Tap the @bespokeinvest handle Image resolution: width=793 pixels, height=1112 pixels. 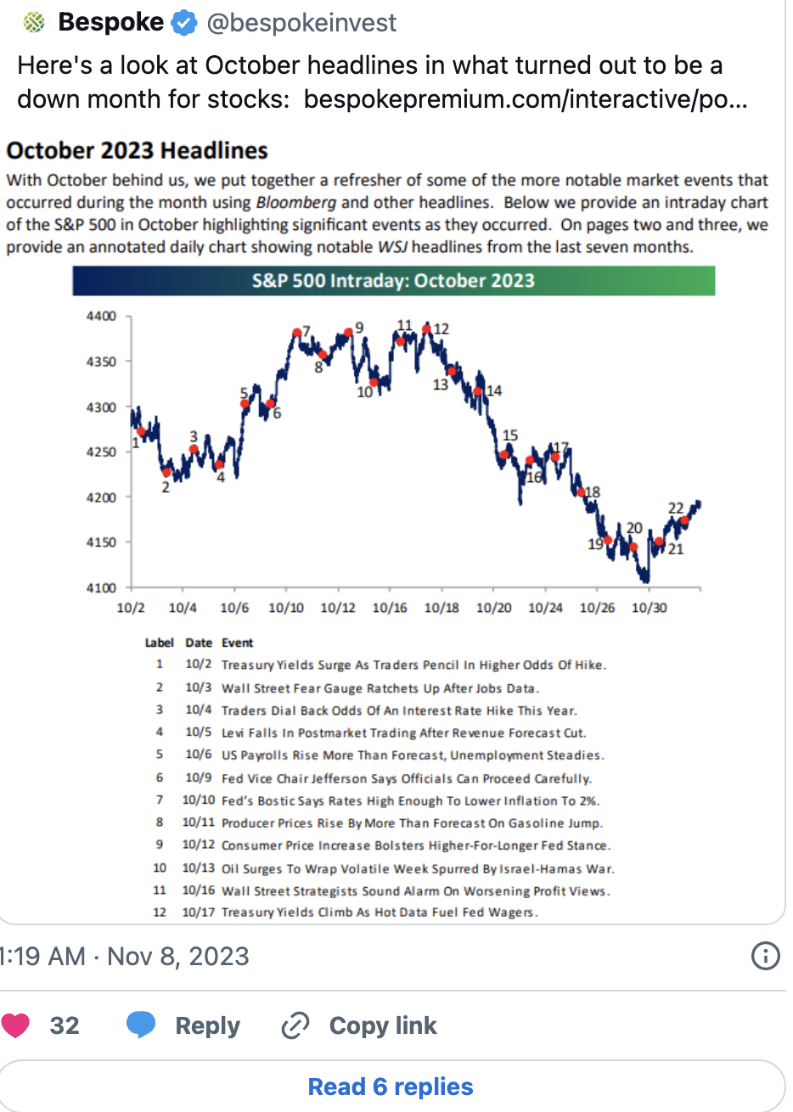pos(301,24)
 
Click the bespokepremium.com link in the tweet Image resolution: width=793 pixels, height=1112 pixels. pos(526,99)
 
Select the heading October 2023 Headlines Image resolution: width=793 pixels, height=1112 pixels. pos(137,151)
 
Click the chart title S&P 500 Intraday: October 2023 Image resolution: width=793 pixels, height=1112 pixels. pos(393,281)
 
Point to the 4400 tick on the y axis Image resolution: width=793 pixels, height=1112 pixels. pos(101,317)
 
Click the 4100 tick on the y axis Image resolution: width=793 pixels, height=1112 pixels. pos(101,587)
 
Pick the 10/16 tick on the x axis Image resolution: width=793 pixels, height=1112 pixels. pos(390,608)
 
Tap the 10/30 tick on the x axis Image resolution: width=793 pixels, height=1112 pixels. pos(649,608)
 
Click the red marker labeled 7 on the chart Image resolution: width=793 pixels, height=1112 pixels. pos(296,333)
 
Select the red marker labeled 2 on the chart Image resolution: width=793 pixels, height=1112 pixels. pos(167,473)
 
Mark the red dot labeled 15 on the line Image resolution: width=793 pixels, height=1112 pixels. pos(504,454)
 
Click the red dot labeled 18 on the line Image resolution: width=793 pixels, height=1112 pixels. pos(582,492)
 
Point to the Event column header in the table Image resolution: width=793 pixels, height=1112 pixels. pos(237,643)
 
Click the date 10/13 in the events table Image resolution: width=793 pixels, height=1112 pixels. pos(199,868)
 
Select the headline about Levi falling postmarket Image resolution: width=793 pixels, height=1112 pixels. pos(403,733)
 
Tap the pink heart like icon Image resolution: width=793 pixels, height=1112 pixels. pos(15,1025)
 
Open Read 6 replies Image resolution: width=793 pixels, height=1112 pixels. pos(391,1087)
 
